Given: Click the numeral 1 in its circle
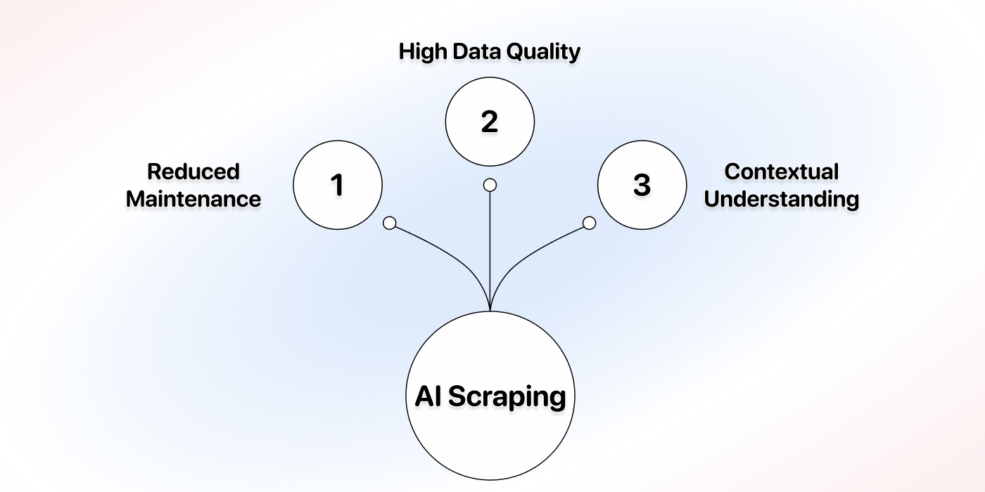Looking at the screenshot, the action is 337,185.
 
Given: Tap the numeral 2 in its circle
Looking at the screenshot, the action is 490,121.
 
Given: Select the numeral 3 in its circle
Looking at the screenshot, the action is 642,185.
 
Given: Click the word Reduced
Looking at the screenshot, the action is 193,171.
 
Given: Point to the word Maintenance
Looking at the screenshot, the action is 193,198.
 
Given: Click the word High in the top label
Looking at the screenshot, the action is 423,51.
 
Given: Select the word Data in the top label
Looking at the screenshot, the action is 476,51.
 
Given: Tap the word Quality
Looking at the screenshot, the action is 543,52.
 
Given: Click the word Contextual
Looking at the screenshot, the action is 782,171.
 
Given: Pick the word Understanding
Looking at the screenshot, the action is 782,200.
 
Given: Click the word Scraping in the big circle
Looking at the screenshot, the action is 507,397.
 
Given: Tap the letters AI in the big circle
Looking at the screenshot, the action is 428,396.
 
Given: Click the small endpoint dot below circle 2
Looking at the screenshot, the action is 490,185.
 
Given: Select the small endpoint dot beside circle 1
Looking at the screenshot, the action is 390,224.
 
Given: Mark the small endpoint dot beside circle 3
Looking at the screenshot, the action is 590,224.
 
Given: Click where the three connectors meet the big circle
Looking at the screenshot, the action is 490,311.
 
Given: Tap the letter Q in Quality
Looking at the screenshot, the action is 515,52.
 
